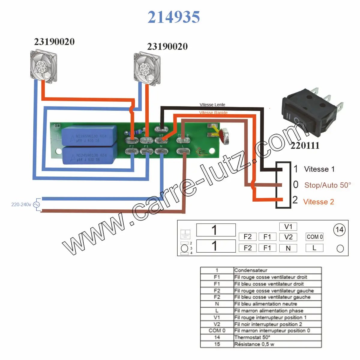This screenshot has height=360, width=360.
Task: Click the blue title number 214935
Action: (x=174, y=17)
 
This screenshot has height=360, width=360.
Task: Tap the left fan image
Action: (x=44, y=66)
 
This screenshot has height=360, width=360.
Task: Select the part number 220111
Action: (x=305, y=145)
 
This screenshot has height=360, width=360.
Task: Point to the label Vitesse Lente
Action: (x=212, y=105)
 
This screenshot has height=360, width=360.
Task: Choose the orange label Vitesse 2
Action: (x=318, y=202)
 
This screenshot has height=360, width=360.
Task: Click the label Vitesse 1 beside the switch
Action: (x=319, y=169)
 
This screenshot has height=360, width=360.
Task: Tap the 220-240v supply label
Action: (x=21, y=205)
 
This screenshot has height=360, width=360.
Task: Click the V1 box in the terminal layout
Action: (x=288, y=226)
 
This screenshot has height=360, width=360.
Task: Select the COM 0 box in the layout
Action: (x=314, y=237)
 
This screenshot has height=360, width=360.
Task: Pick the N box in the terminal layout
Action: (x=288, y=248)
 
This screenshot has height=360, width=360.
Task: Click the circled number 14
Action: (x=339, y=230)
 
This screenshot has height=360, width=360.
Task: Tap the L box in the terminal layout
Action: (x=314, y=248)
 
